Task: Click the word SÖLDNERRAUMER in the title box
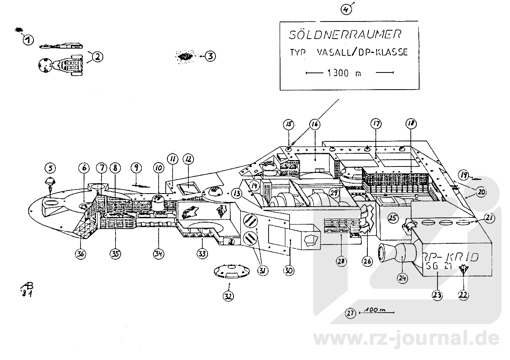(x=344, y=35)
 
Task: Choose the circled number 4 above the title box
(x=347, y=9)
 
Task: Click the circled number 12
(x=188, y=159)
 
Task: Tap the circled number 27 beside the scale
(x=350, y=313)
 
